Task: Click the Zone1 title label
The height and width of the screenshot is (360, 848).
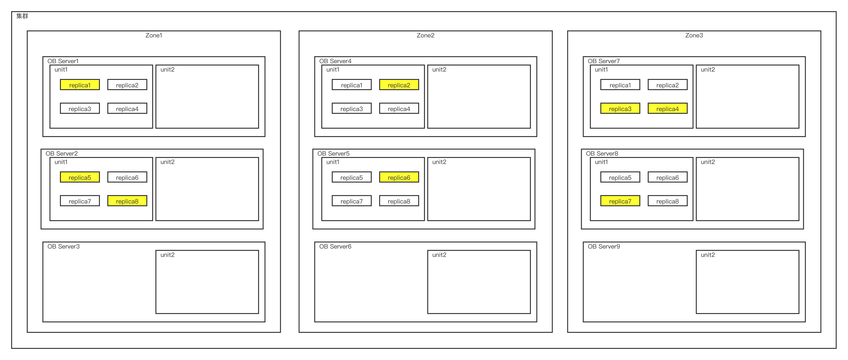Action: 154,35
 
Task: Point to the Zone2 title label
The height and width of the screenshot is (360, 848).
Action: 425,35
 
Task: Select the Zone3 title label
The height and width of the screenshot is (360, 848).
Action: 694,35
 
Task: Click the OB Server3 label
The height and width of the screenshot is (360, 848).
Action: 63,246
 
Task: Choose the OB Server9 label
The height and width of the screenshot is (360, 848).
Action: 604,246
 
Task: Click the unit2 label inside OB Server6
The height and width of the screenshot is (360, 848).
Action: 439,255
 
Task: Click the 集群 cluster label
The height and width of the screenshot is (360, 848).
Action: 22,16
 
